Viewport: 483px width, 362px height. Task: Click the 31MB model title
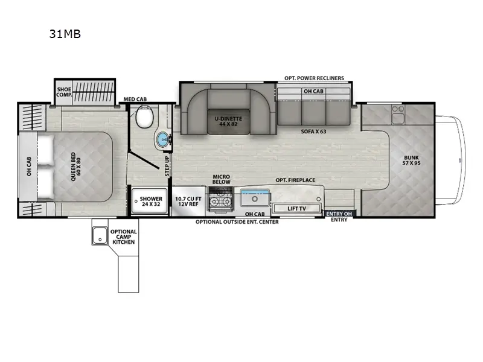65,34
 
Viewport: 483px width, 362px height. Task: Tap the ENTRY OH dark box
339,213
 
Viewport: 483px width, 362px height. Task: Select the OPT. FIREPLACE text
295,180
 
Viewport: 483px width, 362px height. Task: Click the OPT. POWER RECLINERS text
314,78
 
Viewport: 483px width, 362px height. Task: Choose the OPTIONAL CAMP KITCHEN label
123,237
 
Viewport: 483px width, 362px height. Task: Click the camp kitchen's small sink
99,235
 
